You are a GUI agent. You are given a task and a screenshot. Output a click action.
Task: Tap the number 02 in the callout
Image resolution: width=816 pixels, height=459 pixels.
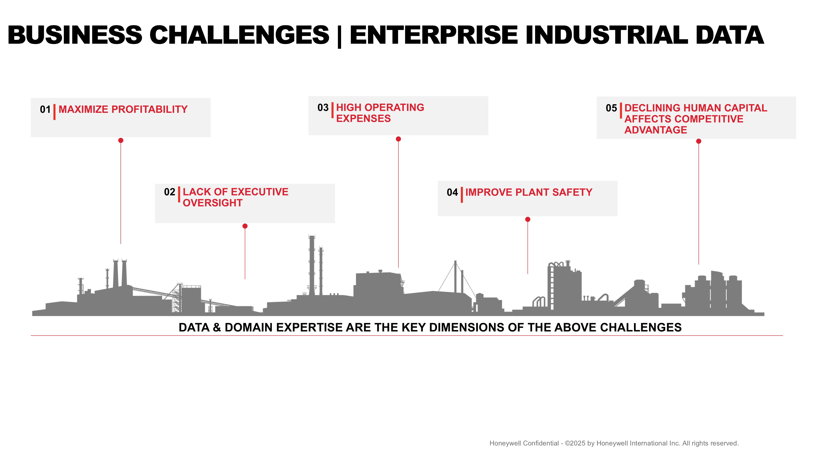coord(170,192)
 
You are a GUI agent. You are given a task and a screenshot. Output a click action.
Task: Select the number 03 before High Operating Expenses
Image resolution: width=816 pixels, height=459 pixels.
coord(323,108)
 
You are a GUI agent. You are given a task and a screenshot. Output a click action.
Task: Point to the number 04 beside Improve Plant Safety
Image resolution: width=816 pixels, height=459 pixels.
coord(452,192)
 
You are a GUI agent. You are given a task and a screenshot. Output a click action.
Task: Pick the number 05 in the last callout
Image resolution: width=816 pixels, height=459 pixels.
coord(611,108)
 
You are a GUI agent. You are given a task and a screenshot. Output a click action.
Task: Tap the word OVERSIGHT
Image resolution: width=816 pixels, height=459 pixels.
coord(213,203)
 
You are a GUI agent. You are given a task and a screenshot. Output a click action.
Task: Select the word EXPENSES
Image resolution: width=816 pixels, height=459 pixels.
coord(363,119)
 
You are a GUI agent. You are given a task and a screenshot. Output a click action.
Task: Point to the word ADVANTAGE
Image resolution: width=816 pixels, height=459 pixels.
coord(655,130)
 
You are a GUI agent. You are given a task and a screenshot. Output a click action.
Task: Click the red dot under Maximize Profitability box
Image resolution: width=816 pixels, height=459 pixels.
coord(121,140)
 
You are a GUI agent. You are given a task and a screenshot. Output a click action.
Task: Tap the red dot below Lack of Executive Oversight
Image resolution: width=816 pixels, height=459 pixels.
coord(245,226)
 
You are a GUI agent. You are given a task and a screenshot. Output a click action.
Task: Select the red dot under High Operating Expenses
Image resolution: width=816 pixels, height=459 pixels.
coord(398,139)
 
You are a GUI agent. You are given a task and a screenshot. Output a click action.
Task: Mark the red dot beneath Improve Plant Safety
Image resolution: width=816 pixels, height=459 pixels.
coord(528,220)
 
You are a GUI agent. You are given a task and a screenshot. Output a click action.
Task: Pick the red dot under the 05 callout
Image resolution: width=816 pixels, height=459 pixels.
coord(698,141)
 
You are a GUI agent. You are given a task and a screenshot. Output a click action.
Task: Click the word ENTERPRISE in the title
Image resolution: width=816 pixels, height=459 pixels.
coord(434,35)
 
